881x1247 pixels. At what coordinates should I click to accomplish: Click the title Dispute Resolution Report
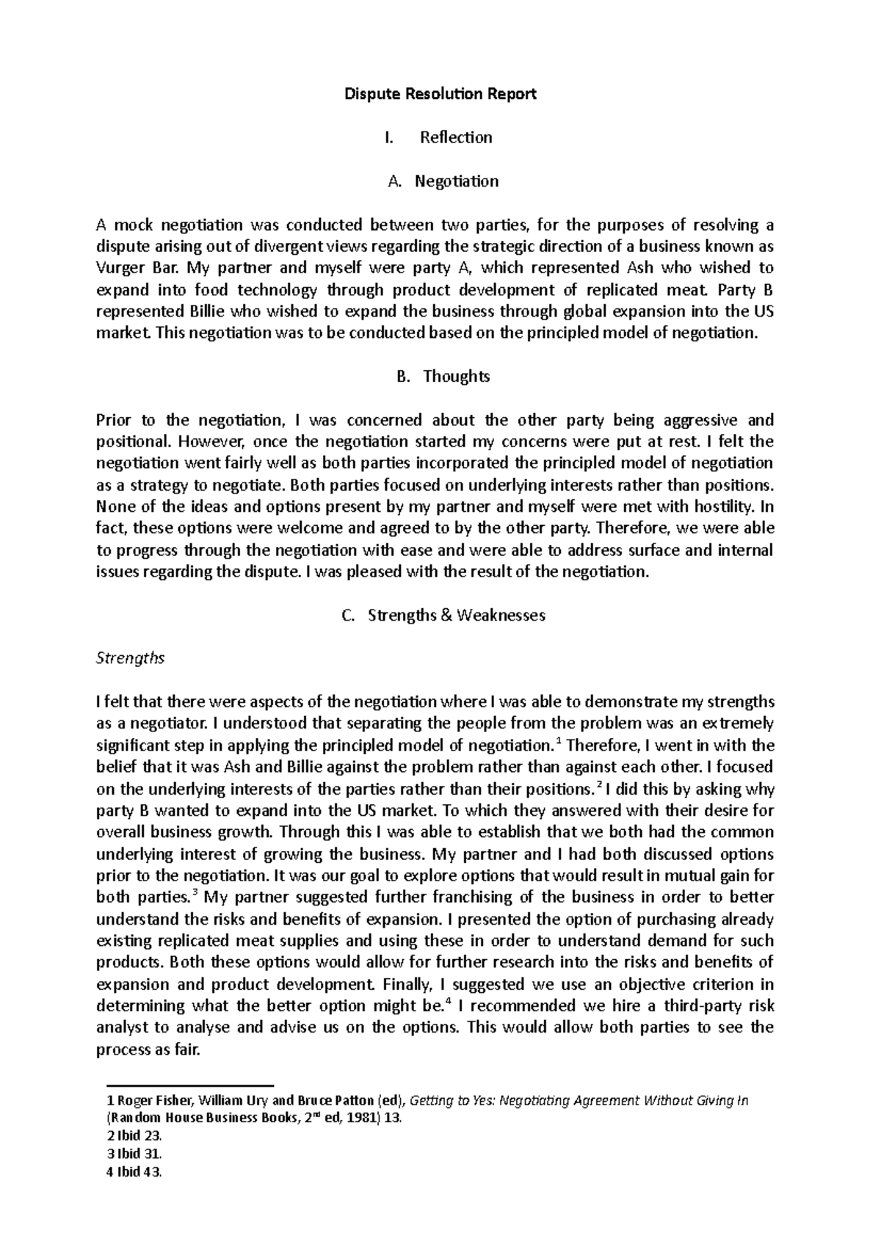coord(440,94)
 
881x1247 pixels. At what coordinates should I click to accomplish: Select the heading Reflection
coord(455,137)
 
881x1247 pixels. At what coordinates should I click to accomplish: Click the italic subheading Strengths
coord(130,658)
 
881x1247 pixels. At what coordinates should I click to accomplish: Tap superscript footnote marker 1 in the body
coord(560,741)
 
